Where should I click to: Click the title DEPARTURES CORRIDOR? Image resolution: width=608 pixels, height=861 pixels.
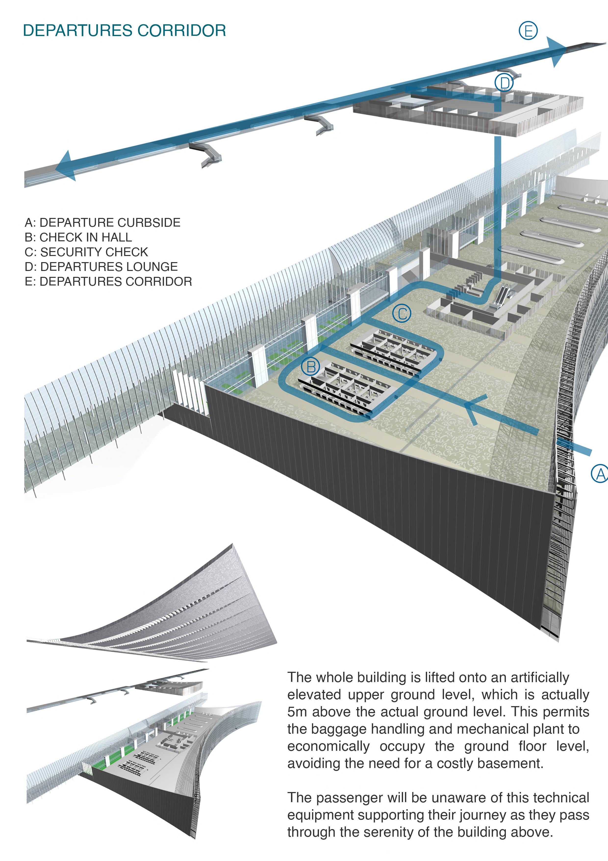(124, 30)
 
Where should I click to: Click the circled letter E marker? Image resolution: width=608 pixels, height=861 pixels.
(528, 30)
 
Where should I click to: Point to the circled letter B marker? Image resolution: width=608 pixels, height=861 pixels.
(311, 366)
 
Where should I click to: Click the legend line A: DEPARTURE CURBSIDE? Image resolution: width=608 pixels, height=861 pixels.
(102, 223)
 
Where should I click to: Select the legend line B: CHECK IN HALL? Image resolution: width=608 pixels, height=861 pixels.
(78, 237)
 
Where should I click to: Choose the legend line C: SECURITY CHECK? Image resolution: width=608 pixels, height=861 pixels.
(86, 252)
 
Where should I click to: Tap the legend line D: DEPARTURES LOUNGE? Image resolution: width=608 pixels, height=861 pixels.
(101, 267)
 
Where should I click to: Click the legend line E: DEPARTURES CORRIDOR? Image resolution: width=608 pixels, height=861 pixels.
(108, 281)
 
